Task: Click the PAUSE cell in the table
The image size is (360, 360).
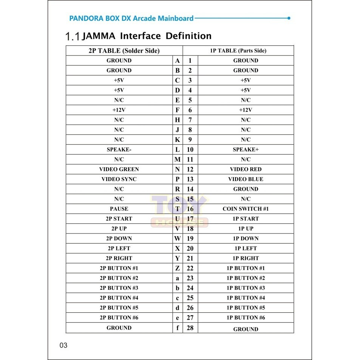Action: [119, 209]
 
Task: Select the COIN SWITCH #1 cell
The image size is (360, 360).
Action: [246, 209]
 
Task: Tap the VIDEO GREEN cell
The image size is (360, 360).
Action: [119, 169]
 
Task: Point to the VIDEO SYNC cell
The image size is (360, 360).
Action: [119, 179]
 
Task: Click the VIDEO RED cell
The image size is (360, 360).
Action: [246, 169]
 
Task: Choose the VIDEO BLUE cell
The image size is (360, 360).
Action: [246, 179]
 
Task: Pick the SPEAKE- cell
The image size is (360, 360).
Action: [119, 150]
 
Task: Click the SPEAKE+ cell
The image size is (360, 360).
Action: [246, 150]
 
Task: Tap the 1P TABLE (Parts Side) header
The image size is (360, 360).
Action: [238, 51]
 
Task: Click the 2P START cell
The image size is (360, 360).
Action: [119, 219]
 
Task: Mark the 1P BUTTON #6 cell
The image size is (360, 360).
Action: [246, 318]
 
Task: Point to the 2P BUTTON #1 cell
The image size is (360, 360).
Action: [119, 268]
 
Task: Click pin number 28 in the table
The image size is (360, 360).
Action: [190, 328]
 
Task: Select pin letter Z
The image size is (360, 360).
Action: [177, 268]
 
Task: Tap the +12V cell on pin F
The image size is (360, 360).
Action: [119, 110]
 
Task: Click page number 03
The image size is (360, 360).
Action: [63, 345]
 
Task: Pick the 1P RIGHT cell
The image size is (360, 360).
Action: [246, 258]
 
